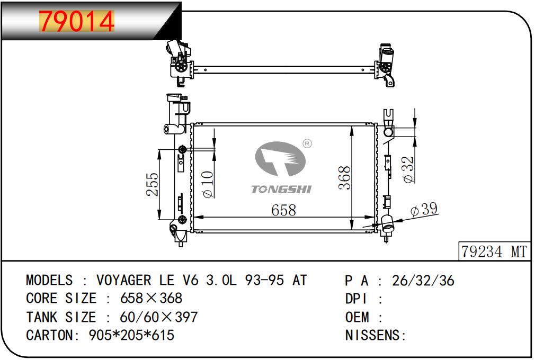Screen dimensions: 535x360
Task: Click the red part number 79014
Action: coord(77,21)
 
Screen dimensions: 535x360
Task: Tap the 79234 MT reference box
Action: coord(494,251)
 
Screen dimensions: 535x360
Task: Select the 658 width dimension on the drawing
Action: coord(283,210)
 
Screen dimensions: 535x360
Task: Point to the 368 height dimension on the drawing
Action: coord(344,177)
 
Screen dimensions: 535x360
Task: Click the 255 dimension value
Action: coord(153,184)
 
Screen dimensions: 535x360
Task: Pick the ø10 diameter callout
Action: coord(208,184)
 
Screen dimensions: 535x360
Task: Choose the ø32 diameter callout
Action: coord(408,169)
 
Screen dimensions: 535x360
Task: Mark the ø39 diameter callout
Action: coord(424,209)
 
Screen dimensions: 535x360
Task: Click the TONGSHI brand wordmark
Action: coord(281,189)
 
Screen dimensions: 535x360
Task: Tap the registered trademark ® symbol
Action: coord(307,143)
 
